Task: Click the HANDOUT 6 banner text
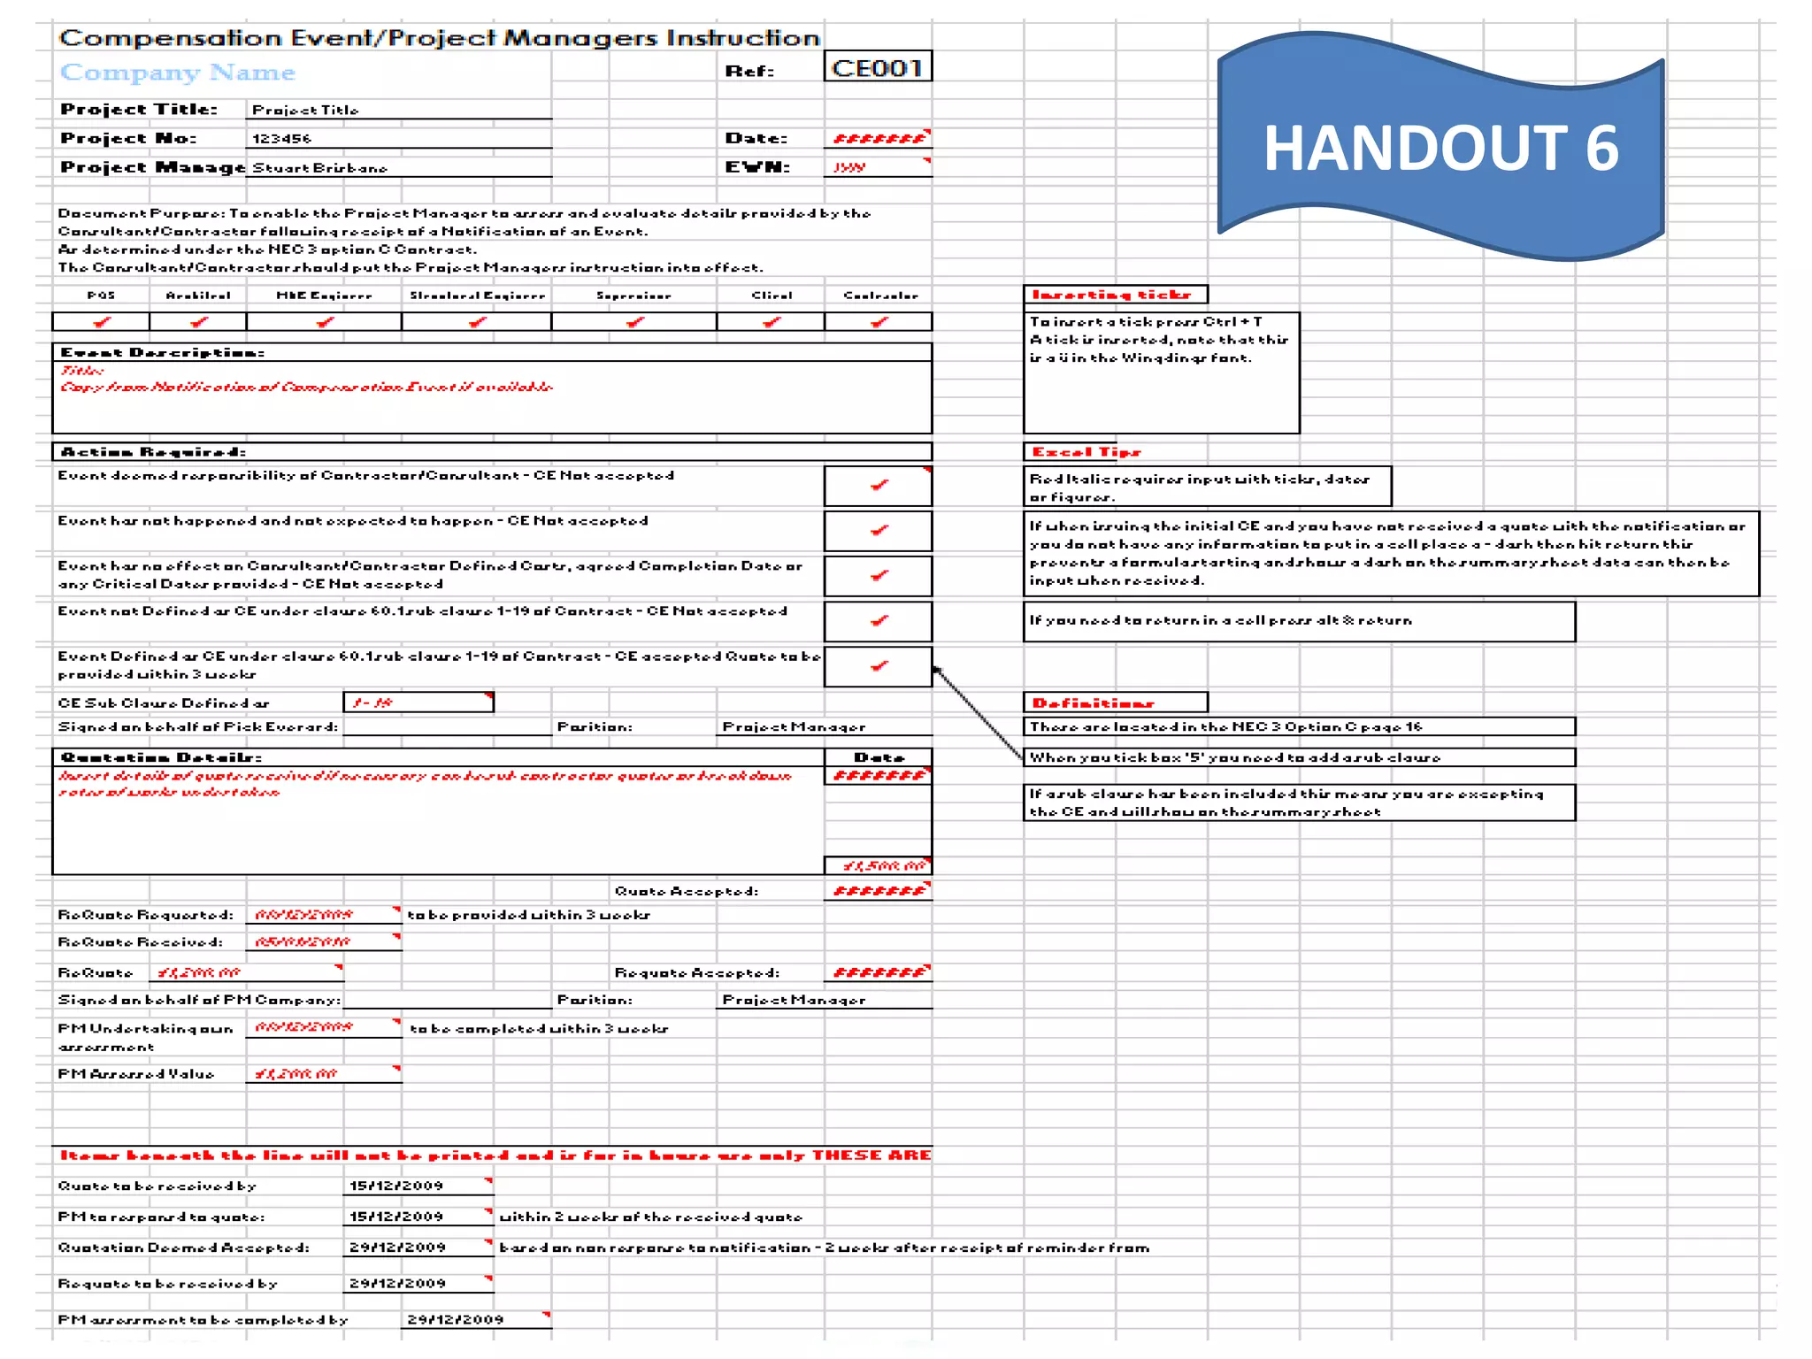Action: [x=1440, y=148]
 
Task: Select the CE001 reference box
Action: [x=877, y=68]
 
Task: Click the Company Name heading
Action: [x=177, y=73]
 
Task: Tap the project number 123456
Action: [x=281, y=139]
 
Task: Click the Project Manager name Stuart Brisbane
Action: [x=319, y=168]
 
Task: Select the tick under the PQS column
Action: [x=101, y=322]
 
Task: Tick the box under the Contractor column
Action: [x=878, y=322]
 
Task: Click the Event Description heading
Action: [x=162, y=353]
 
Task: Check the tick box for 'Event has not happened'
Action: [x=878, y=531]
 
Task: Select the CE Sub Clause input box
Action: [x=418, y=703]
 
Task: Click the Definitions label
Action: [x=1094, y=703]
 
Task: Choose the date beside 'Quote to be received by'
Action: [x=396, y=1186]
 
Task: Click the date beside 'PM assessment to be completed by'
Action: [x=456, y=1320]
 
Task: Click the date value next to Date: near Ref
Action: [x=878, y=139]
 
